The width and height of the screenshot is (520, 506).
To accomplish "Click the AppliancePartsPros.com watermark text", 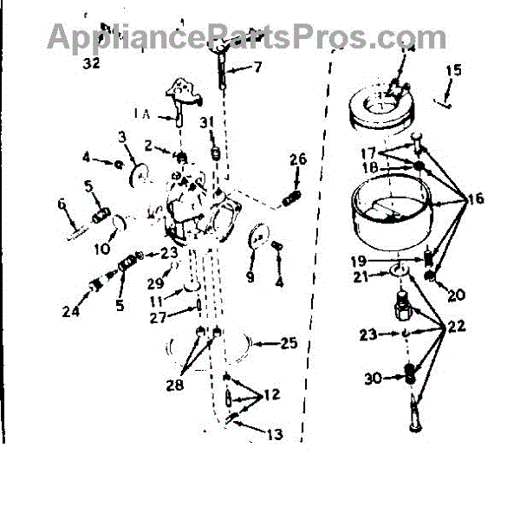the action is pos(247,36).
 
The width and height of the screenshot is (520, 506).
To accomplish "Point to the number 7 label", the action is pos(257,66).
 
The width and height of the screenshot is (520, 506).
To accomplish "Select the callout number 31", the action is pos(205,121).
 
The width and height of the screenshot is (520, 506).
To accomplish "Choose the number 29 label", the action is pos(154,283).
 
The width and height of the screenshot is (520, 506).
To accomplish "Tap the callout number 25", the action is pos(288,344).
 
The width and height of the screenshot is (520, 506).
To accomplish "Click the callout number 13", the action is pos(274,435).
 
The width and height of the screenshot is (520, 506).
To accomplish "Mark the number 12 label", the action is pos(271,395).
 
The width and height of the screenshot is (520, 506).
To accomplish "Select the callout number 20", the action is pos(457,295).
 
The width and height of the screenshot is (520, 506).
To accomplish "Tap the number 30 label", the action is pos(374,378).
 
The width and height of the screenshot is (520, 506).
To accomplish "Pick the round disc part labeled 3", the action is pos(136,172).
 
